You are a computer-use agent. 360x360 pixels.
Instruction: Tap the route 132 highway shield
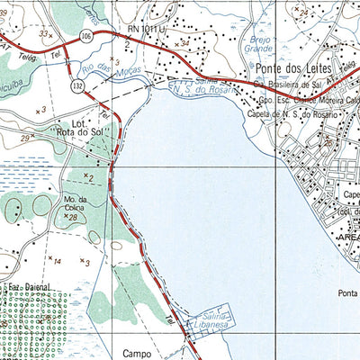(x=78, y=85)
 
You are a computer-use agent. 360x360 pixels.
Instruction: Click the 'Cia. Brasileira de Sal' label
(x=288, y=85)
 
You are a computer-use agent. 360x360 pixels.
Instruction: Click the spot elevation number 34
(x=185, y=42)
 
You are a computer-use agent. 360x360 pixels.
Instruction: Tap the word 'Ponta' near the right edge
(x=347, y=292)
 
